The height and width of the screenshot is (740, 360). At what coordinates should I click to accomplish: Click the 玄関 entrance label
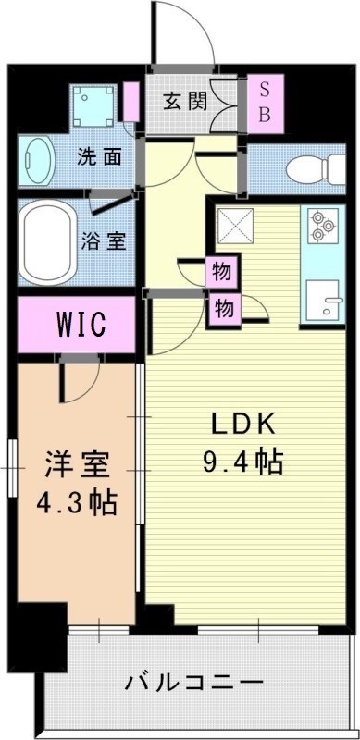(x=186, y=103)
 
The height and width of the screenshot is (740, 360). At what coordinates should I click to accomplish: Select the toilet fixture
(x=306, y=170)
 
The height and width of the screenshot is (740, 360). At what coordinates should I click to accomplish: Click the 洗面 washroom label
(x=99, y=156)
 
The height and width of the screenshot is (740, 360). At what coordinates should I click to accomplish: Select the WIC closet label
(x=81, y=325)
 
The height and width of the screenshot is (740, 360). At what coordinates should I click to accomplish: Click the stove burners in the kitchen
(x=323, y=227)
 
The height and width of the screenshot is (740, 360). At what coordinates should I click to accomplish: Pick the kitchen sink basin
(x=325, y=301)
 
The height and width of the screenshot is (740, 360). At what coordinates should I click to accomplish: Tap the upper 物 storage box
(x=222, y=273)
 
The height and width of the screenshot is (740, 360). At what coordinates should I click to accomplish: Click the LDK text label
(x=242, y=425)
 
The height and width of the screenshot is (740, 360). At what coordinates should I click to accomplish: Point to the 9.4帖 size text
(x=242, y=460)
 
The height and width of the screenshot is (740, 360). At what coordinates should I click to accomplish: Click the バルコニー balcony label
(x=193, y=684)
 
